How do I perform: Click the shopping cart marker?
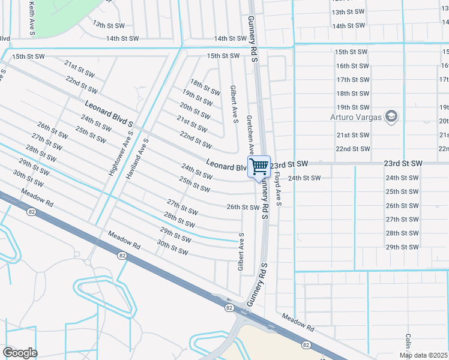(x=259, y=167)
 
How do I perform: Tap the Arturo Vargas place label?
(x=355, y=116)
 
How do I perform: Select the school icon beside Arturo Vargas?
(x=391, y=116)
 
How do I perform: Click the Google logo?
(x=20, y=353)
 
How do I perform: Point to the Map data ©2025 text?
(x=423, y=355)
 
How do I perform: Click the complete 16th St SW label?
(x=352, y=66)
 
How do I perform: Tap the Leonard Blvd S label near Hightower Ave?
(x=109, y=113)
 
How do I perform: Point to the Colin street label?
(x=408, y=343)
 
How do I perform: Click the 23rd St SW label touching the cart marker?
(x=289, y=164)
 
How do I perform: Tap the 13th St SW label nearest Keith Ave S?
(x=107, y=25)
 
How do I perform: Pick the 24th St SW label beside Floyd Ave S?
(x=304, y=178)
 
